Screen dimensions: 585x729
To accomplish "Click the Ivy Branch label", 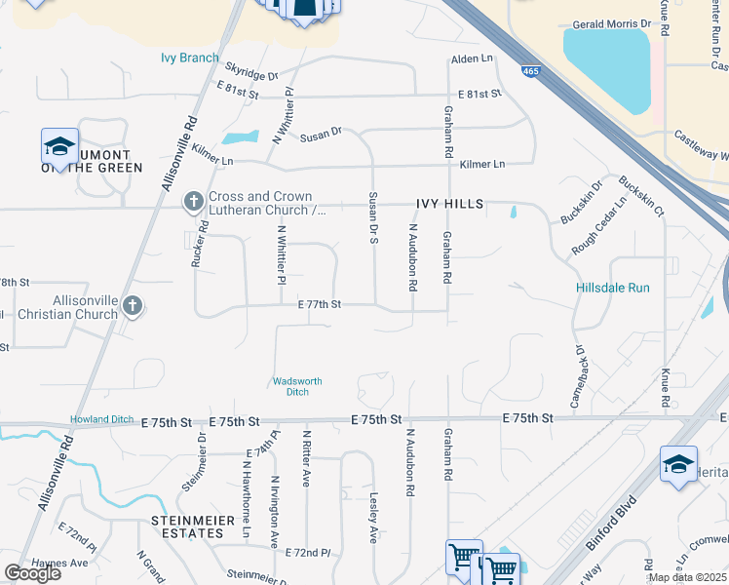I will click(190, 58).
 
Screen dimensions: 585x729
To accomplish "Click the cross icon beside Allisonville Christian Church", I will click(133, 307).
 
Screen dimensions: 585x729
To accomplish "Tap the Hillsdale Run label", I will click(612, 289).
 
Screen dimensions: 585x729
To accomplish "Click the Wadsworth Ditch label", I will click(296, 386).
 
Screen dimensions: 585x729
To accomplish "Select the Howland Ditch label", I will click(101, 419).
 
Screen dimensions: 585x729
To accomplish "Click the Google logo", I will click(33, 573).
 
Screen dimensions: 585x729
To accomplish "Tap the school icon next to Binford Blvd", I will click(678, 464).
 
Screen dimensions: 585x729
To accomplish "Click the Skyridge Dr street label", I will click(251, 73).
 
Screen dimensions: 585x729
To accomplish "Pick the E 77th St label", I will click(320, 304).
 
